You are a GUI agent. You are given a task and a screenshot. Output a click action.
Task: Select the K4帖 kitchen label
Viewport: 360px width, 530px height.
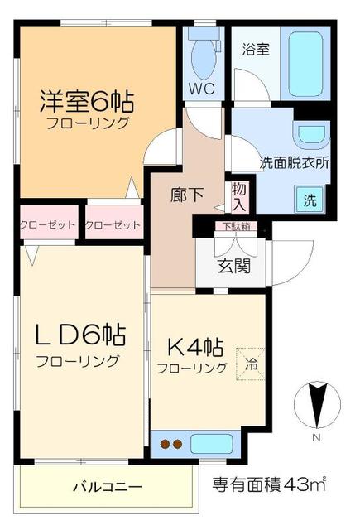191,344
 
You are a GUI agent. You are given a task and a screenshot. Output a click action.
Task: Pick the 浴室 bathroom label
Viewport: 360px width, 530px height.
256,49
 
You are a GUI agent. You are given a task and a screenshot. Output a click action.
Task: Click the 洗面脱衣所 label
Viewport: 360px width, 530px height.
295,163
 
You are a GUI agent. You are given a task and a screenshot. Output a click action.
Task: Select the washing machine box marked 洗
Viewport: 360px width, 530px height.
309,199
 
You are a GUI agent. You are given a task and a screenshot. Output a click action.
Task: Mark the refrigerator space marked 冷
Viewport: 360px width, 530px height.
251,361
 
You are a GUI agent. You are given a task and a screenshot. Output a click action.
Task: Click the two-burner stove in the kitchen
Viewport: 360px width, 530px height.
170,445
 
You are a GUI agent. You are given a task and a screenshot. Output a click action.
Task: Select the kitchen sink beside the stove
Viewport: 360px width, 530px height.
211,444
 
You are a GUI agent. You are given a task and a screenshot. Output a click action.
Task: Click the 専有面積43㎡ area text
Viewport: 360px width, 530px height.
268,484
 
